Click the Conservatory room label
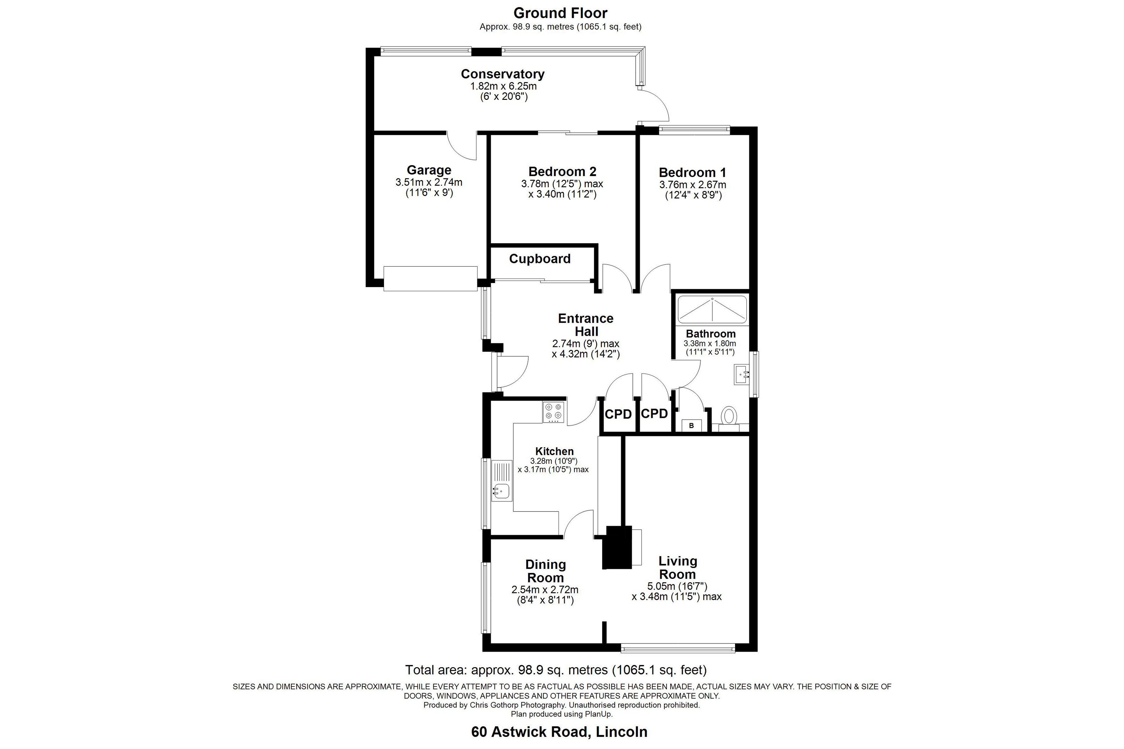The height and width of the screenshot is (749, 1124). [502, 74]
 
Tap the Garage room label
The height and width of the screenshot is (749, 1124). [429, 170]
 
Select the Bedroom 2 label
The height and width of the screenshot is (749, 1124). [562, 171]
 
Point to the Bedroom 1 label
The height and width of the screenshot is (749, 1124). [693, 173]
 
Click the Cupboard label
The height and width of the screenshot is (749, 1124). [540, 259]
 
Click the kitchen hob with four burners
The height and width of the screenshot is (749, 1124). [553, 412]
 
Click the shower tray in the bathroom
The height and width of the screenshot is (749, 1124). [712, 310]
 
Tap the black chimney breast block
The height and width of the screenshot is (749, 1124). [619, 547]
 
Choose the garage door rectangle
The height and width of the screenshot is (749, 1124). [431, 278]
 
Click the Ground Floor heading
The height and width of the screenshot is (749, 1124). [560, 13]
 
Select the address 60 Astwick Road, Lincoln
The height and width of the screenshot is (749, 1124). [559, 732]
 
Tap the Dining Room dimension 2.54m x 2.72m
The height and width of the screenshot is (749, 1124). [545, 590]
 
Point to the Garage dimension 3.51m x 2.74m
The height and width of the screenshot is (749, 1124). [429, 182]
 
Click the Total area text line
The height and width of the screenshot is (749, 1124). [556, 670]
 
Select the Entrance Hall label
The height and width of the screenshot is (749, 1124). [586, 325]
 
